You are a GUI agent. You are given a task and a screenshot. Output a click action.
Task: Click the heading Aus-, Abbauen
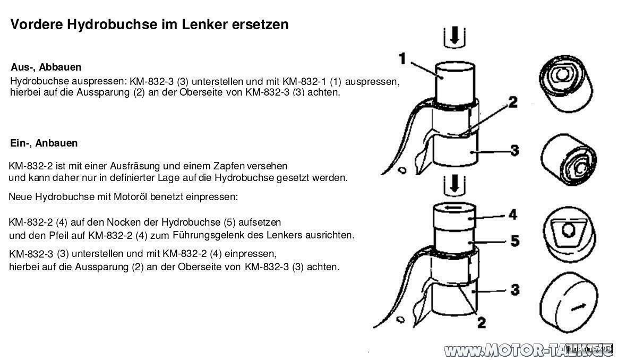click(46, 67)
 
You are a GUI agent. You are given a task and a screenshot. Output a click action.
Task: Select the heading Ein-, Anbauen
click(44, 143)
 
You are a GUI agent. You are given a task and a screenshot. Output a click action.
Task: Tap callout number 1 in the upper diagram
click(402, 58)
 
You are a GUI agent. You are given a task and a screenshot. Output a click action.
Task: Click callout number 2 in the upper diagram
click(512, 102)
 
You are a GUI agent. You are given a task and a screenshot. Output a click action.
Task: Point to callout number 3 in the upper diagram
click(514, 150)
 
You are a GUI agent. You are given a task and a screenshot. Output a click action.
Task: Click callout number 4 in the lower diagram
click(512, 215)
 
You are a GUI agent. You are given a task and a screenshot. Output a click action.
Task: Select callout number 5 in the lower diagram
click(514, 241)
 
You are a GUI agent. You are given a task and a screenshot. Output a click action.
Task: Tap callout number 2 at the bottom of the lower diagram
click(481, 322)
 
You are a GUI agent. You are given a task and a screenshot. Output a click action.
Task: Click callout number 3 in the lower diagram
click(515, 290)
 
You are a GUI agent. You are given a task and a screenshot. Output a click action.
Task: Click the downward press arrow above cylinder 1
click(455, 36)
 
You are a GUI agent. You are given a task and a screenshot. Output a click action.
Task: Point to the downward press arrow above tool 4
click(455, 184)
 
